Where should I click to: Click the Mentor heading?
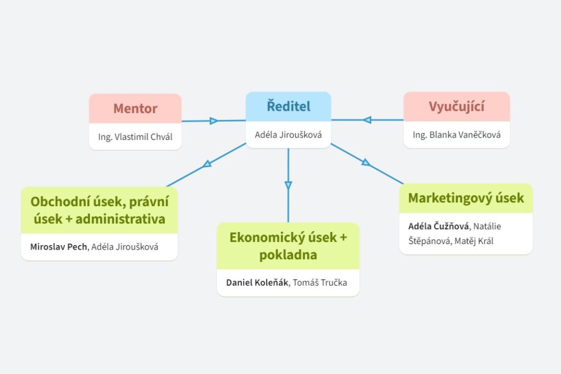pos(135,109)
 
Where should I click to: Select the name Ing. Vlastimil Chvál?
pos(135,137)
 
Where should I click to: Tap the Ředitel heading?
pos(288,106)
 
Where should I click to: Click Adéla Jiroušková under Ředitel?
pos(288,134)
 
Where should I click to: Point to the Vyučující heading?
pos(456,107)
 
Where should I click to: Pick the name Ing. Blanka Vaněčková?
pos(456,135)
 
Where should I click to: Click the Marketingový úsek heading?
pos(466,198)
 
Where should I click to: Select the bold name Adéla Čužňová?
pos(439,226)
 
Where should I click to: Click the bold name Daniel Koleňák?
pos(257,283)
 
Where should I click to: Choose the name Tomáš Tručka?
pos(320,283)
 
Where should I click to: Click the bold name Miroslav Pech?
pos(59,247)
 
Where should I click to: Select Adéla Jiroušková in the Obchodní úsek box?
pos(125,247)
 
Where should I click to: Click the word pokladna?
pos(288,255)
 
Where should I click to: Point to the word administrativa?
pos(121,219)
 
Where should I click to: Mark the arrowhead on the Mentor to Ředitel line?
pos(214,121)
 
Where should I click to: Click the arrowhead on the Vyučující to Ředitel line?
pos(367,120)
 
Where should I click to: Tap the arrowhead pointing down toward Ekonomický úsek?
pos(288,185)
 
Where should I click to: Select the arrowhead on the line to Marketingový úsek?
pos(366,162)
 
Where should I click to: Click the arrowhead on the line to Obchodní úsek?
pos(207,163)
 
